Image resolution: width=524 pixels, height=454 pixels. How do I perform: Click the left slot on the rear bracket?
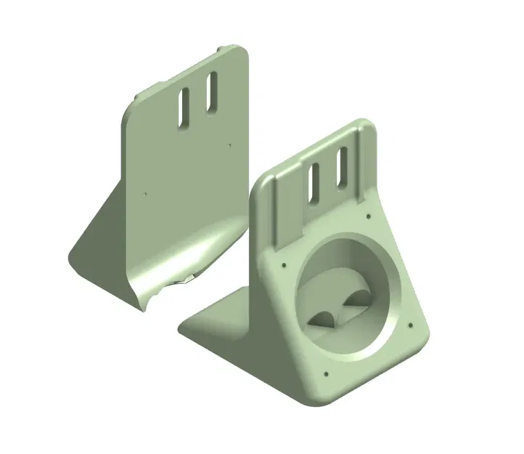tap(184, 107)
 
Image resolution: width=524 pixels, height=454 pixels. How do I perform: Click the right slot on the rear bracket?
tap(211, 92)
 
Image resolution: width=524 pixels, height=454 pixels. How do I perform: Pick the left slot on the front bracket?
tap(315, 183)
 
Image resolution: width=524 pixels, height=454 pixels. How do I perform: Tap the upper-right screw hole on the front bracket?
tap(370, 215)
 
